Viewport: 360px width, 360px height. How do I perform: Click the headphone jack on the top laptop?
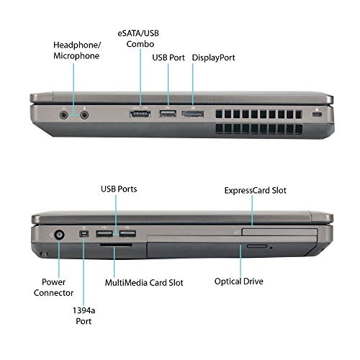pyautogui.click(x=66, y=113)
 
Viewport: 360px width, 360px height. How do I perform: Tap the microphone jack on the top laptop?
pyautogui.click(x=86, y=113)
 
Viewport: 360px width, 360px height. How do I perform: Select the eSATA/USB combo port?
pyautogui.click(x=139, y=113)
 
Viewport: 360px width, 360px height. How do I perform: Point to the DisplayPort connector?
pyautogui.click(x=192, y=113)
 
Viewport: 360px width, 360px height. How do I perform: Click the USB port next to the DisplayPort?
pyautogui.click(x=167, y=113)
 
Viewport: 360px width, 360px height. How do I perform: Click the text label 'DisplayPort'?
pyautogui.click(x=212, y=57)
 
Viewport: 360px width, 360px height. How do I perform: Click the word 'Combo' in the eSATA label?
pyautogui.click(x=140, y=43)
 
